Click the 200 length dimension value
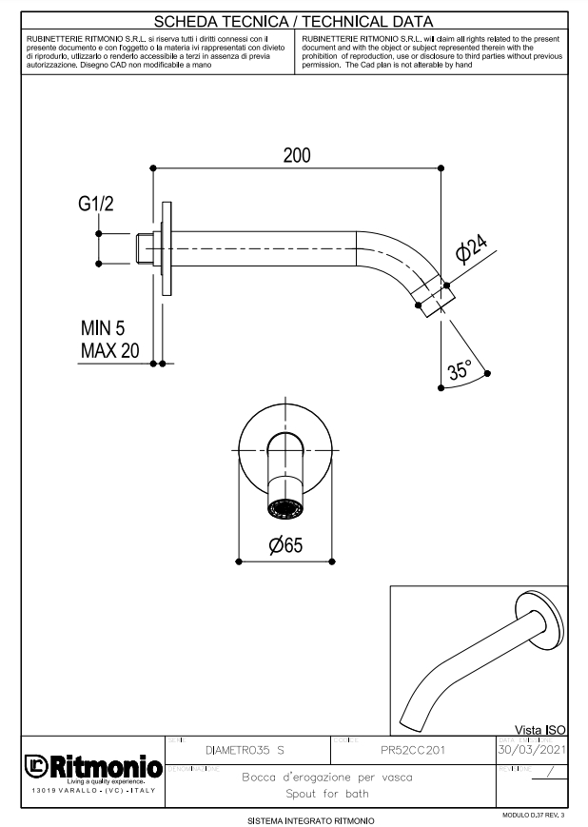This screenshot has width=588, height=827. (x=296, y=156)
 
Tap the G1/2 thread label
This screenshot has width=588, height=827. (x=96, y=205)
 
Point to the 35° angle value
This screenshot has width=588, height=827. (x=461, y=371)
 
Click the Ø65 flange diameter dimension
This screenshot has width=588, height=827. (x=286, y=545)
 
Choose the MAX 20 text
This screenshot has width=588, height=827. (x=109, y=350)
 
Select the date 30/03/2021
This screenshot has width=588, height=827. (x=531, y=750)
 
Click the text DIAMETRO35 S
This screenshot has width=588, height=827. (x=245, y=751)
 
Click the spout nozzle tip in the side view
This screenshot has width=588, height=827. (x=434, y=297)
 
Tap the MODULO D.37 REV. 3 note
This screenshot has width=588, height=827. (x=532, y=816)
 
